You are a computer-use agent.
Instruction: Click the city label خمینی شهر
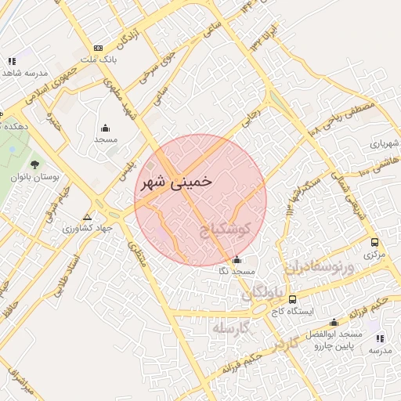(175, 182)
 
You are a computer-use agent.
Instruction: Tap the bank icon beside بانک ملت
(97, 48)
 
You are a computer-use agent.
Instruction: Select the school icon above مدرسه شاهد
(11, 61)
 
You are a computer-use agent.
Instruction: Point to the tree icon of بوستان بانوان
(34, 164)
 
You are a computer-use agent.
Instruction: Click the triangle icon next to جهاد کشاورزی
(86, 217)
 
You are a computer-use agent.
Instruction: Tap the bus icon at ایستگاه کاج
(292, 298)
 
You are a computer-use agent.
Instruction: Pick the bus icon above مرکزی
(374, 243)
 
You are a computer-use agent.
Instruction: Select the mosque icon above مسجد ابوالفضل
(334, 322)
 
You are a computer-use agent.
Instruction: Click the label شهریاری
(385, 143)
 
